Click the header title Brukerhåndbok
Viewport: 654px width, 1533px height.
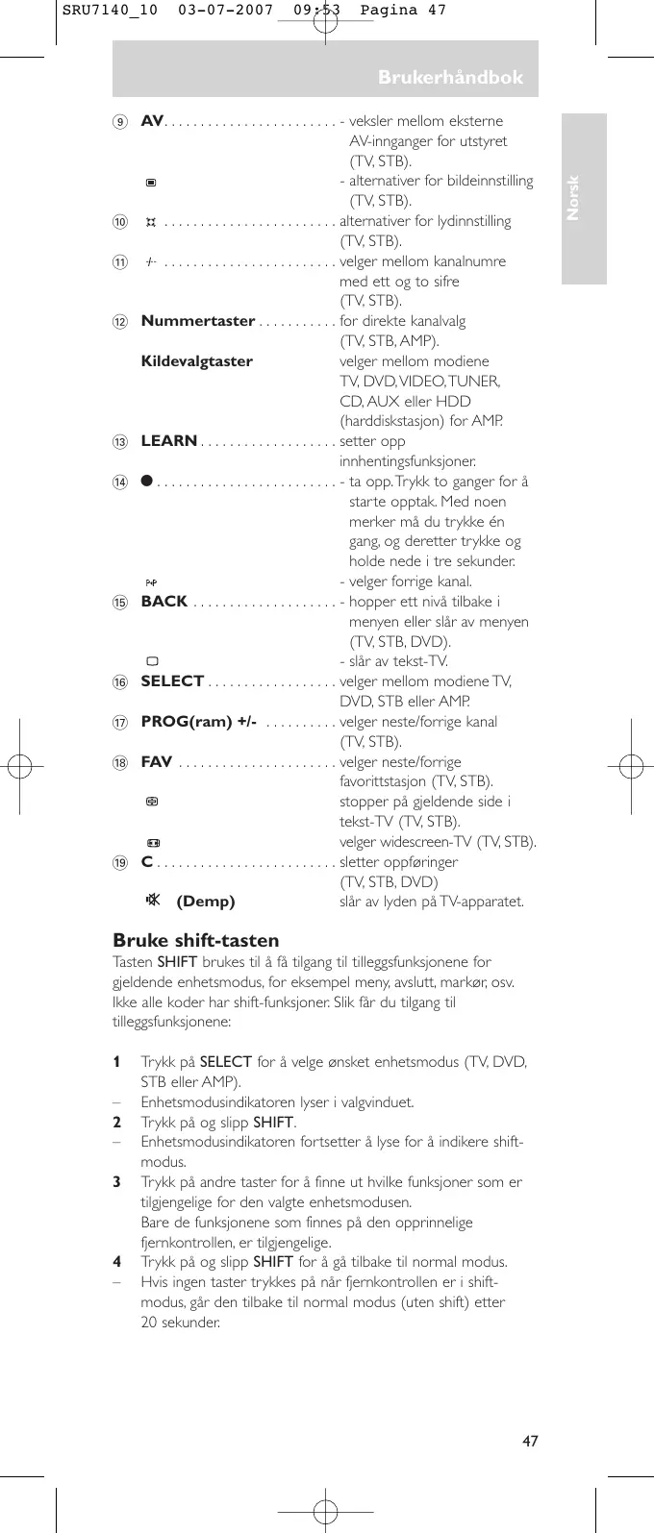[450, 77]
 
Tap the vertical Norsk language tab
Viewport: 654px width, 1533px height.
[573, 198]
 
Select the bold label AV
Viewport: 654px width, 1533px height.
[152, 121]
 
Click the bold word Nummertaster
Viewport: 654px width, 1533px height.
[198, 321]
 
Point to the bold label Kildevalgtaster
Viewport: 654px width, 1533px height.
[197, 361]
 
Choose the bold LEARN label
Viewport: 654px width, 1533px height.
[169, 441]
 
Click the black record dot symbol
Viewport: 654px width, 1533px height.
[147, 482]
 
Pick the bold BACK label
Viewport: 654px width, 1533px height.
[164, 602]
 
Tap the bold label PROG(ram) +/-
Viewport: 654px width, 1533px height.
[199, 722]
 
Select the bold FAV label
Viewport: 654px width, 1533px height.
[157, 762]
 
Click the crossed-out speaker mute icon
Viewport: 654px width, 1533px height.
[151, 901]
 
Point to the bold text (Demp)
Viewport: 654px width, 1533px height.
[206, 902]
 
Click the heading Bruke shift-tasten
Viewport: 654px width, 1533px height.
[196, 940]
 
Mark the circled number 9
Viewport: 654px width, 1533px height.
[119, 122]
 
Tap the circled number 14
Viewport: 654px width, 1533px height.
[119, 482]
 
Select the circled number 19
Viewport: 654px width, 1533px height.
[119, 862]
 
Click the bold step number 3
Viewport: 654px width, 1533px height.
[116, 1182]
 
